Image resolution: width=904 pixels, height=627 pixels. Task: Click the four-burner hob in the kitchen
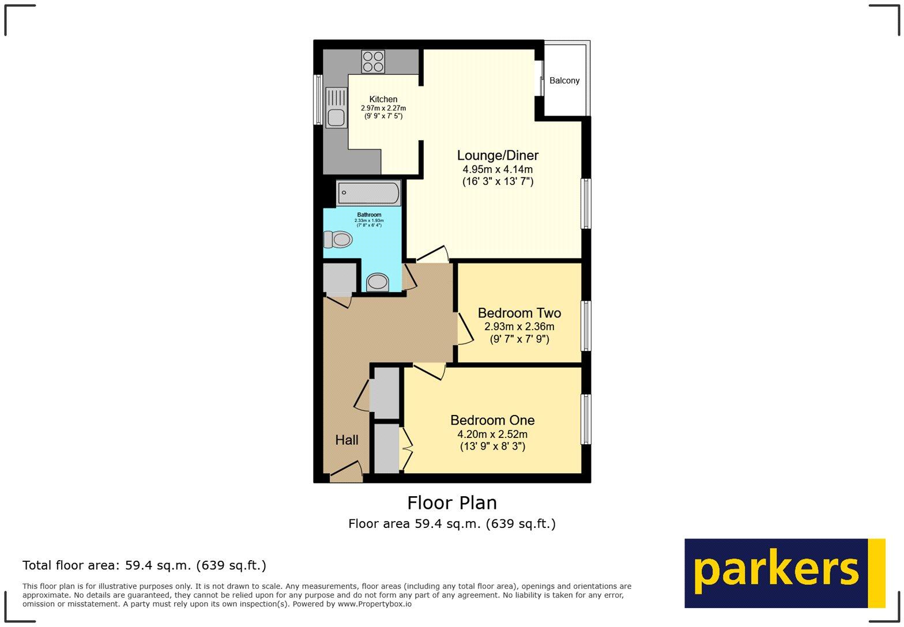[x=373, y=62]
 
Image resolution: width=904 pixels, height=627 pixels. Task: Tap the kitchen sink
[x=337, y=107]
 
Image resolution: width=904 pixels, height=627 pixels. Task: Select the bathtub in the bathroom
[x=369, y=194]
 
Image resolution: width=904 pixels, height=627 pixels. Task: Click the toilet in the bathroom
[x=338, y=239]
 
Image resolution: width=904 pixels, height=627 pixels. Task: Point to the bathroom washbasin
[x=378, y=282]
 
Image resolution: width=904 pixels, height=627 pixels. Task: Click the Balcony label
[x=564, y=81]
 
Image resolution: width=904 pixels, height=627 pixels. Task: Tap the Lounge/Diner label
[x=498, y=156]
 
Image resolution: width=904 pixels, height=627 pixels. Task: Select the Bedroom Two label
[x=519, y=313]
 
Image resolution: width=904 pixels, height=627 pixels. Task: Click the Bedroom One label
[x=492, y=420]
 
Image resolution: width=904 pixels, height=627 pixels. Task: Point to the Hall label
[x=346, y=440]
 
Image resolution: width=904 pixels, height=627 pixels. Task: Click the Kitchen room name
[x=383, y=99]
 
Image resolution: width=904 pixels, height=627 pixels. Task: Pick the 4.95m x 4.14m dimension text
[x=498, y=169]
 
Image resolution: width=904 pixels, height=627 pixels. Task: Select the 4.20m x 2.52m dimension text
[x=492, y=434]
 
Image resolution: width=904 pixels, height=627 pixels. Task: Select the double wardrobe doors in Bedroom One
[x=406, y=448]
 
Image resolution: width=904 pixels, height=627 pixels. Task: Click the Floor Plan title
[x=452, y=503]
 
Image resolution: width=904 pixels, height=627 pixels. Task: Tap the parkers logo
[x=784, y=573]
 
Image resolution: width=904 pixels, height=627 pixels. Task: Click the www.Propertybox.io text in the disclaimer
[x=374, y=604]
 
